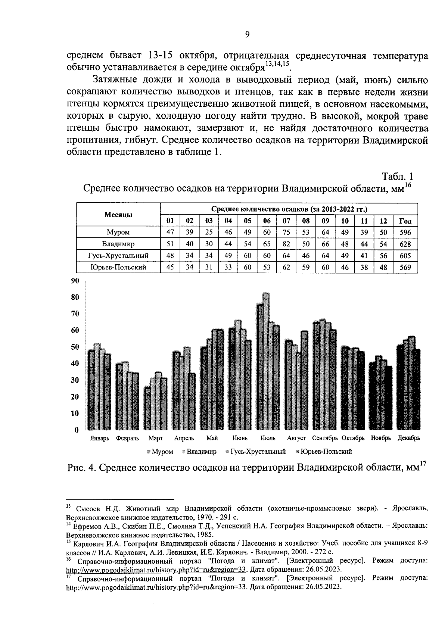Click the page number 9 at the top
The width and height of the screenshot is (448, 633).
(x=247, y=35)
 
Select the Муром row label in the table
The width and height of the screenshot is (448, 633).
(x=118, y=232)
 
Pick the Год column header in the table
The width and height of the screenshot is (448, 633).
(x=405, y=221)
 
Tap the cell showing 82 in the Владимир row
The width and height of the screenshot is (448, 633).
(x=286, y=244)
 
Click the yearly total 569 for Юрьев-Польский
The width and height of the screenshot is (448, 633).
(x=405, y=267)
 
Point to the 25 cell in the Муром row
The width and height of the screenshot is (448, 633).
(x=209, y=232)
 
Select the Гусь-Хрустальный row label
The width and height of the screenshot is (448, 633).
(x=118, y=256)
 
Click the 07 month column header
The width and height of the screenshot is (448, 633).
(x=286, y=221)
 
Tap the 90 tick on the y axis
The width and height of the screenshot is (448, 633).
(x=75, y=281)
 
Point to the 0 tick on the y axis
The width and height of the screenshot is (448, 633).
(x=77, y=430)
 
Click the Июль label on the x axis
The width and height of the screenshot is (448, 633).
(x=268, y=438)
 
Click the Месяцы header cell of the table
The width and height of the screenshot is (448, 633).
(x=118, y=215)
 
